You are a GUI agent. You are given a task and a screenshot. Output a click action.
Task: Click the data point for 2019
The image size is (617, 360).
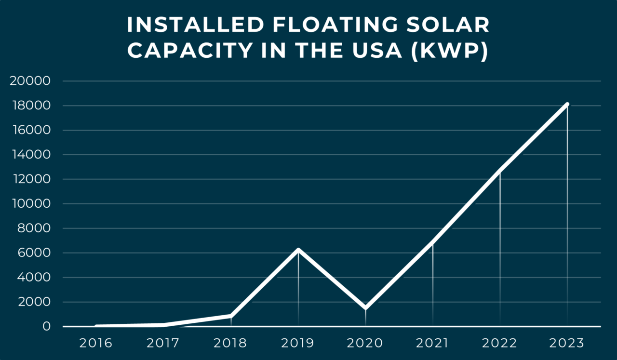click(x=298, y=250)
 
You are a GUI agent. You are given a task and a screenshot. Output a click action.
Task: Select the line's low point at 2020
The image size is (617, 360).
click(x=365, y=307)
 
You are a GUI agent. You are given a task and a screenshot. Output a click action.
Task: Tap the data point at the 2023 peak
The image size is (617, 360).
click(x=567, y=104)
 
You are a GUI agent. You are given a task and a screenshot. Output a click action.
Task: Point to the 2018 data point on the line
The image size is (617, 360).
click(x=231, y=316)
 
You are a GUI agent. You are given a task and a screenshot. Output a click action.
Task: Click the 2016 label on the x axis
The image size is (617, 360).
click(x=96, y=343)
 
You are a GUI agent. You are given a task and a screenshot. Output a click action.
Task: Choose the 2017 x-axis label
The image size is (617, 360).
click(x=163, y=343)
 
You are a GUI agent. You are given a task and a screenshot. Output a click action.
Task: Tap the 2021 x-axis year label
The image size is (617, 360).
click(x=433, y=343)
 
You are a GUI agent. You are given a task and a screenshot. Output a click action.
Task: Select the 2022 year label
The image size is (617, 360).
click(x=500, y=343)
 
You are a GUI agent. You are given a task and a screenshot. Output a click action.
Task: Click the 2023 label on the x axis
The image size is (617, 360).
click(x=567, y=343)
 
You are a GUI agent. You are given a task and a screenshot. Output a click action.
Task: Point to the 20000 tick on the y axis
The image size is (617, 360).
click(x=30, y=81)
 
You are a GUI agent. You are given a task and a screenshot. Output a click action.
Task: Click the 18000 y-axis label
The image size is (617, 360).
click(x=30, y=106)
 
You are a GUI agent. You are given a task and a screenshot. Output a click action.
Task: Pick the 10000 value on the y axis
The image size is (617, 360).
click(x=30, y=204)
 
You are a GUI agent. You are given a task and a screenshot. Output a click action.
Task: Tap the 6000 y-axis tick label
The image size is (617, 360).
click(x=33, y=253)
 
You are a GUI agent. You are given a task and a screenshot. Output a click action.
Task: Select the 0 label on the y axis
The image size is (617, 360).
click(x=46, y=327)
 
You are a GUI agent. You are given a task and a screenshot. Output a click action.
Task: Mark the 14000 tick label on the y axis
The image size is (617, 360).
click(x=30, y=155)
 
